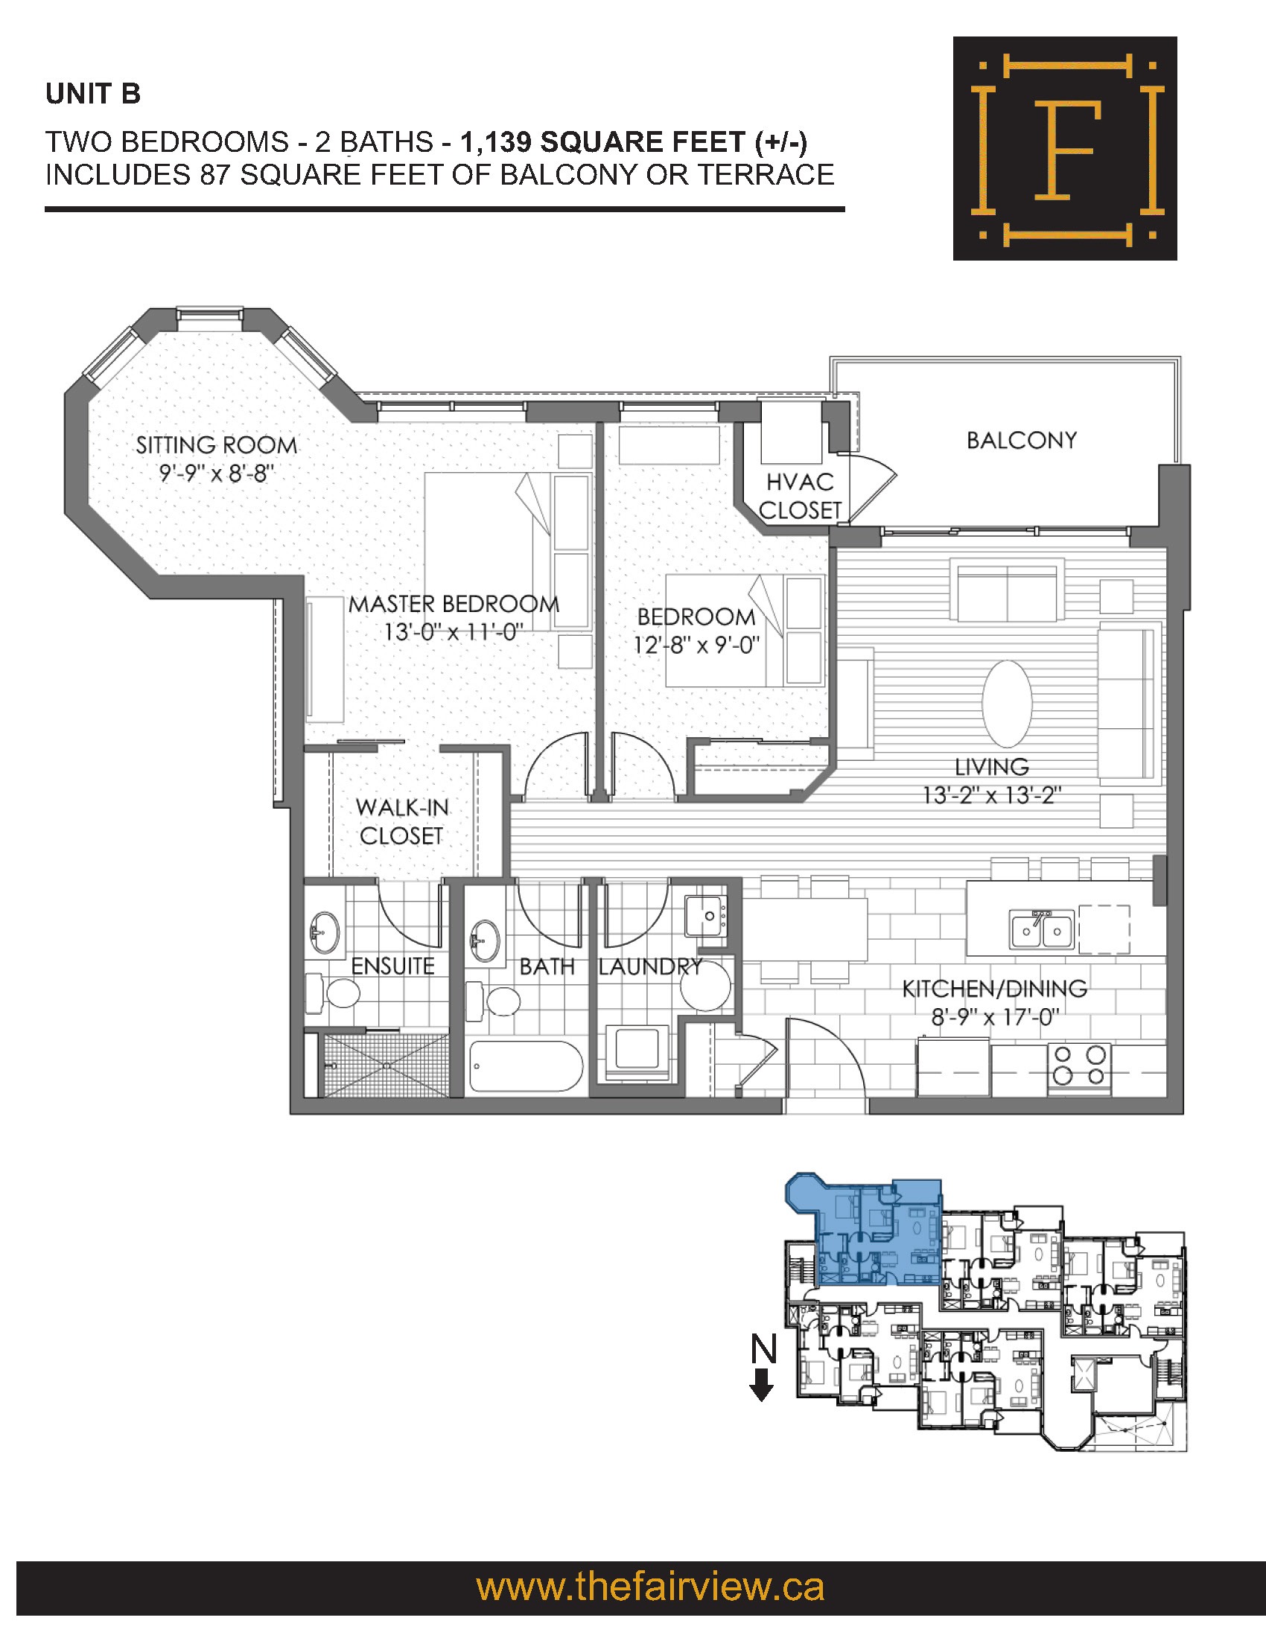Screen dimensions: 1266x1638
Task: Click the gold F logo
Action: click(1065, 148)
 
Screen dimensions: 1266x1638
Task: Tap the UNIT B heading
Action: click(93, 94)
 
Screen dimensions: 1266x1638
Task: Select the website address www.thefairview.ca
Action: click(650, 1587)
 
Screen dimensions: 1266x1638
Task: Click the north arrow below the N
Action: click(762, 1385)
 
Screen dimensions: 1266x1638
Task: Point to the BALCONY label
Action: click(1022, 440)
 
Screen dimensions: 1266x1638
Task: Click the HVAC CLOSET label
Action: click(801, 496)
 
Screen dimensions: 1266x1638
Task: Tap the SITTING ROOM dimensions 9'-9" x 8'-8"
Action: click(217, 474)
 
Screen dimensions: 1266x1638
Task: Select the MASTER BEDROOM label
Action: click(454, 604)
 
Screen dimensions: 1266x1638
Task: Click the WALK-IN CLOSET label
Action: click(402, 821)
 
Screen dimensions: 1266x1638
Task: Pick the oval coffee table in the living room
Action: click(1008, 704)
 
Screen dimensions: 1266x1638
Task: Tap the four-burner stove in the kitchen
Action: click(1079, 1065)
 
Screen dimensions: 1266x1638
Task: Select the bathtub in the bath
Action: click(526, 1067)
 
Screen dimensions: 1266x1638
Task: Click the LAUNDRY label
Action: click(650, 966)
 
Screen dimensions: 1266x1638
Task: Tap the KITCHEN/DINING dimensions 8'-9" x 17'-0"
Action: click(994, 1017)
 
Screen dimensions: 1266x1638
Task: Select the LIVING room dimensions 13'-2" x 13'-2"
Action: click(991, 794)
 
